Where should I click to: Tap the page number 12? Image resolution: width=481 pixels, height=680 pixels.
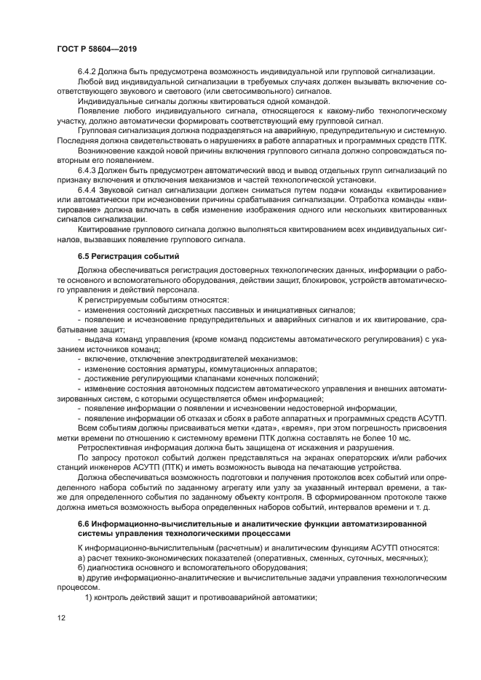[x=62, y=618]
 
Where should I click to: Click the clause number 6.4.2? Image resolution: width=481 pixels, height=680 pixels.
[x=88, y=71]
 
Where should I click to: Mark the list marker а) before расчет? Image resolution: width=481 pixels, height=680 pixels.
[x=81, y=558]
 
